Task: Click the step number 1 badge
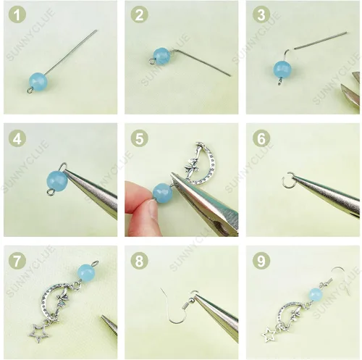coord(17,14)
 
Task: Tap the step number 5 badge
coord(140,138)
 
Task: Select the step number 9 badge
coord(261,261)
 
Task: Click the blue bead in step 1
coord(38,81)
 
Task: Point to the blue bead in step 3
coord(282,70)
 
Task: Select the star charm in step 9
coord(270,335)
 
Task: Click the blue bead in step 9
coord(316,295)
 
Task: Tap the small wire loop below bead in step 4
coord(51,192)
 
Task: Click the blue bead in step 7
coord(86,272)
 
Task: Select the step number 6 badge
coord(261,138)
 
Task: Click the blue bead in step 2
coord(162,56)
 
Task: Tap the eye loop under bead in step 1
coord(30,91)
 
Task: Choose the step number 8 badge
coord(140,261)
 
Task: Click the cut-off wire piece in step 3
coord(321,41)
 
